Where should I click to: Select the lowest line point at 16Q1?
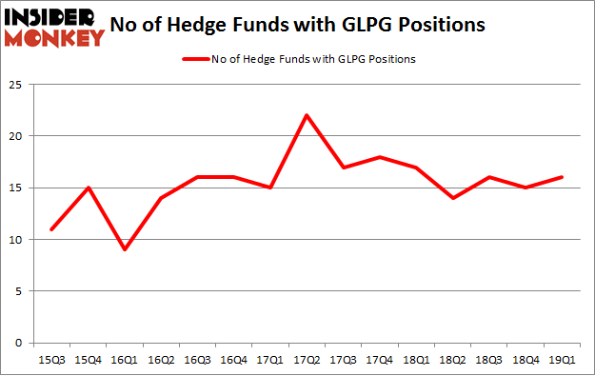tap(125, 249)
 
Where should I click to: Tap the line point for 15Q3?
tap(51, 229)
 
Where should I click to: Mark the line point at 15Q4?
tap(88, 188)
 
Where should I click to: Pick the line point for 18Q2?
tap(454, 198)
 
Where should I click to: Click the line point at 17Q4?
tap(381, 157)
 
